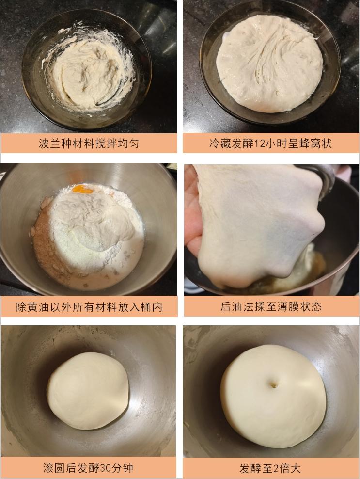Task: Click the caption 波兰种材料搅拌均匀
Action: click(x=89, y=144)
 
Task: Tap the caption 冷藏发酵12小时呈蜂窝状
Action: click(x=270, y=144)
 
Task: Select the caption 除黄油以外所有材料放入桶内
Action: click(x=89, y=306)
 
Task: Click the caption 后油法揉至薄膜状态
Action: click(x=270, y=306)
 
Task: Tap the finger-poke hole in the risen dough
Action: click(x=274, y=384)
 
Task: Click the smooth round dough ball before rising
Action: click(x=88, y=390)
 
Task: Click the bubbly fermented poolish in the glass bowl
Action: click(x=269, y=63)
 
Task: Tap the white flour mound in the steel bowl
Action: click(x=97, y=223)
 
